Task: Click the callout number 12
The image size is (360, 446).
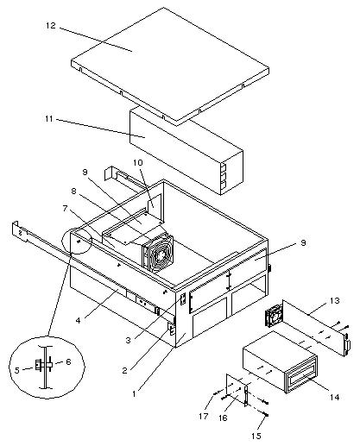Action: (x=51, y=25)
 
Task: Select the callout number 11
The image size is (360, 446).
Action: (x=49, y=118)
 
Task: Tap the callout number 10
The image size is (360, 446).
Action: (x=138, y=163)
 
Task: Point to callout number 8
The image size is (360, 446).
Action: (x=73, y=191)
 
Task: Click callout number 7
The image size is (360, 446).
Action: (x=66, y=208)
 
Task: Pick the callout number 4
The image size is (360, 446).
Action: (x=79, y=320)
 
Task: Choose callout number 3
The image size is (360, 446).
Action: (x=129, y=340)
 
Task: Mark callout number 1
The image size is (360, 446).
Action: (x=134, y=393)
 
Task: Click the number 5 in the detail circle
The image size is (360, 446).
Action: (x=17, y=370)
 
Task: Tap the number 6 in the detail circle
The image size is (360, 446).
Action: (x=68, y=361)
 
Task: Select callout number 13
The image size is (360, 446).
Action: (x=335, y=301)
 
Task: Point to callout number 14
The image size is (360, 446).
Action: (x=335, y=397)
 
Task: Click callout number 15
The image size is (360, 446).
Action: (x=256, y=436)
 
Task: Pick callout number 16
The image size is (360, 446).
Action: (x=223, y=418)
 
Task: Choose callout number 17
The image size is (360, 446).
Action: (x=203, y=416)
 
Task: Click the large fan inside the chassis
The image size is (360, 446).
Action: (x=158, y=253)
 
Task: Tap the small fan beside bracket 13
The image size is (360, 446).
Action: (x=274, y=316)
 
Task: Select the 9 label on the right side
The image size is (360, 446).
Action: (x=303, y=243)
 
